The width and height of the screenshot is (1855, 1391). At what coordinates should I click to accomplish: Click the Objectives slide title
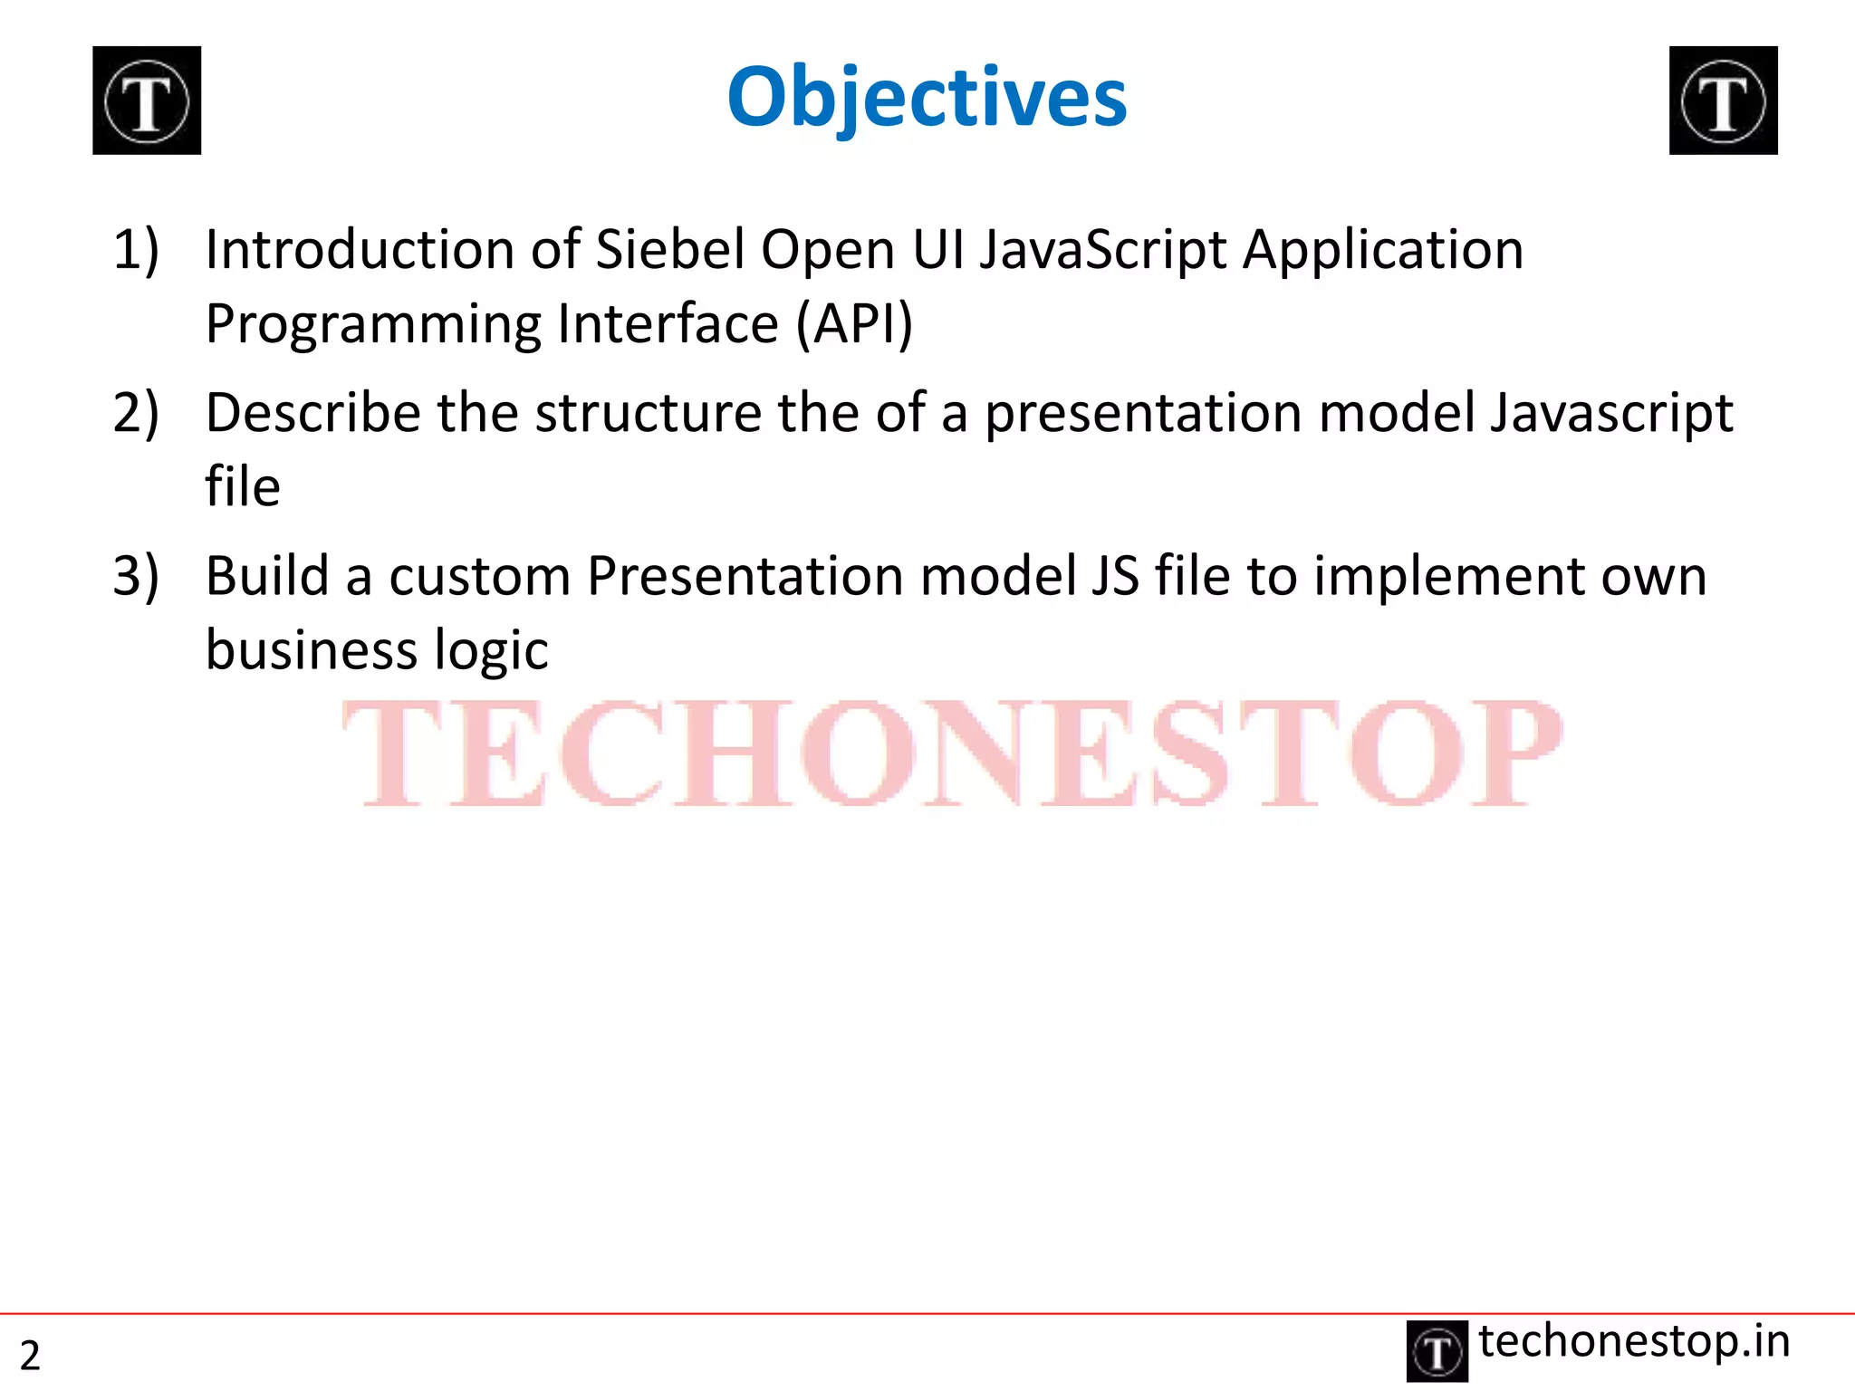pyautogui.click(x=927, y=98)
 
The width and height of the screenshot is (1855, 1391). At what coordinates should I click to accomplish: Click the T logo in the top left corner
pyautogui.click(x=147, y=101)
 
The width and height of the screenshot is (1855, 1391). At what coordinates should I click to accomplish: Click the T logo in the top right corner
pyautogui.click(x=1723, y=101)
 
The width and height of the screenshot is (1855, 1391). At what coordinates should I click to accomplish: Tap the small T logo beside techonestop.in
pyautogui.click(x=1437, y=1352)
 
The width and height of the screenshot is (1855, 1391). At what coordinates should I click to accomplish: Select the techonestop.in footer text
pyautogui.click(x=1634, y=1341)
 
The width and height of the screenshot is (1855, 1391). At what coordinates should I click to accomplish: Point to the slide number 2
pyautogui.click(x=30, y=1356)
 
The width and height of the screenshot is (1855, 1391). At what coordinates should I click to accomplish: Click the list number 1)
pyautogui.click(x=136, y=249)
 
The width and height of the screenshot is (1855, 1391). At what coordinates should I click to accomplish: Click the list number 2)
pyautogui.click(x=136, y=412)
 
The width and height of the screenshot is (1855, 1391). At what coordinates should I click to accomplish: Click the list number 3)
pyautogui.click(x=136, y=576)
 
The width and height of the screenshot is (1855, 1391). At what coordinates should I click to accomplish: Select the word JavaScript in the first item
pyautogui.click(x=1102, y=251)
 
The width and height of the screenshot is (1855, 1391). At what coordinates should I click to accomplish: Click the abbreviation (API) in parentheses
pyautogui.click(x=854, y=324)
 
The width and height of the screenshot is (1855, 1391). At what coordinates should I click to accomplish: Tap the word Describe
pyautogui.click(x=312, y=412)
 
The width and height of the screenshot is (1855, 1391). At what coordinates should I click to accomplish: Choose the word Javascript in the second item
pyautogui.click(x=1611, y=414)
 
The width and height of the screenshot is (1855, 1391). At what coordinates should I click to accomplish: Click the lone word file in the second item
pyautogui.click(x=243, y=486)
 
